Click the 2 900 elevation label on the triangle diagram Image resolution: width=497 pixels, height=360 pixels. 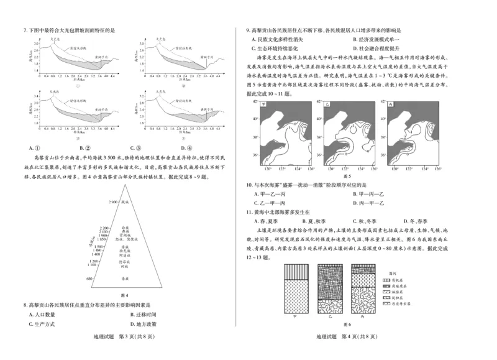(112, 203)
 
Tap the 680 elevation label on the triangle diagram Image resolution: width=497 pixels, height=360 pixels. (89, 279)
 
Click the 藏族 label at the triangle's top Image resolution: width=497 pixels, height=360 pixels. (125, 203)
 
